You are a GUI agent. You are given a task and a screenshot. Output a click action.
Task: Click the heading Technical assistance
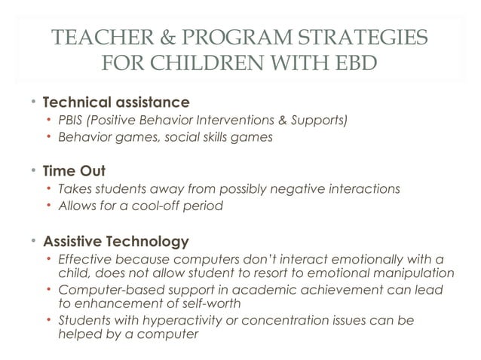(116, 101)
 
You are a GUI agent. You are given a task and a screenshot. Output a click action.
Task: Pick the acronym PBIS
(72, 120)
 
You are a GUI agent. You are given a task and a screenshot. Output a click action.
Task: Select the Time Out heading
(75, 171)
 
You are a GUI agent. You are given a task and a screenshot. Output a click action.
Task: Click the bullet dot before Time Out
(34, 171)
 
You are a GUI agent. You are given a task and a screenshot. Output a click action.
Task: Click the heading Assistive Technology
(116, 242)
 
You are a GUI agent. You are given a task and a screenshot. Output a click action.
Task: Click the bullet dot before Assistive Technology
(34, 242)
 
